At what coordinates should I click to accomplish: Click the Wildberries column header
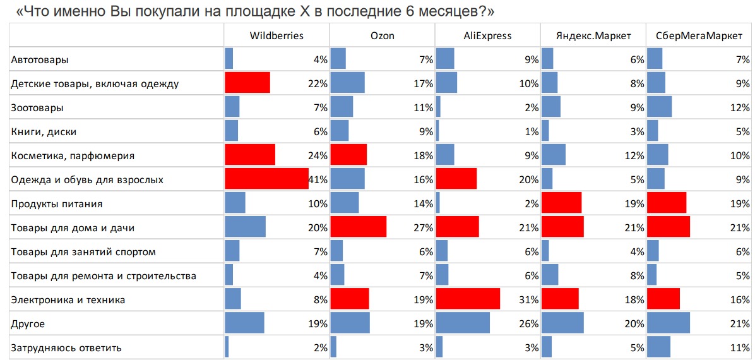(276, 35)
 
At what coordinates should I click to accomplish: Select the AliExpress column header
(487, 35)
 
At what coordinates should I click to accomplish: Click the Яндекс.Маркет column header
(593, 35)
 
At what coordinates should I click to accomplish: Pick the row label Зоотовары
(37, 108)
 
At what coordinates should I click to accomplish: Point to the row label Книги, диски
(44, 132)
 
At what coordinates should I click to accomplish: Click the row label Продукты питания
(57, 204)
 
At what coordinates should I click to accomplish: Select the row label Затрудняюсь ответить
(66, 348)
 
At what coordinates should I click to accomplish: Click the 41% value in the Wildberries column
(318, 180)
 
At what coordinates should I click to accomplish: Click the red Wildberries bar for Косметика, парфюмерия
(250, 155)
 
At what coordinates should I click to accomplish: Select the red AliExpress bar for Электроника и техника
(468, 299)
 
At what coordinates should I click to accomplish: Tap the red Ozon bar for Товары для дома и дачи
(358, 227)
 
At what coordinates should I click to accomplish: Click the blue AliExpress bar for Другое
(463, 323)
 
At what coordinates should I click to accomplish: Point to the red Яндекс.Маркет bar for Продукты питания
(561, 203)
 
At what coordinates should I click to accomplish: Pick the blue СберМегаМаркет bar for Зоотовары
(659, 107)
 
